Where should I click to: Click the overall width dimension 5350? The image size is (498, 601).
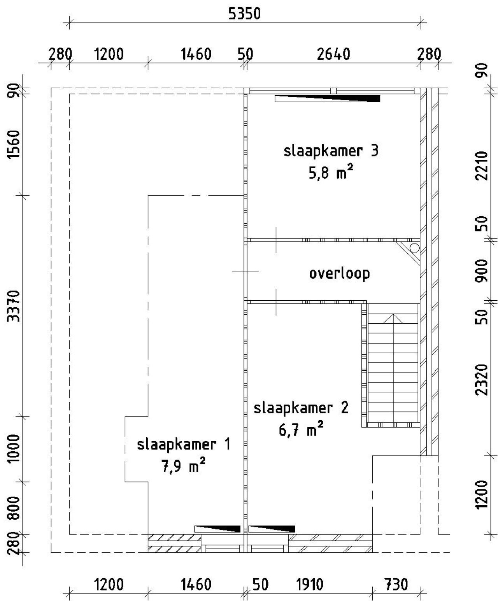tap(244, 14)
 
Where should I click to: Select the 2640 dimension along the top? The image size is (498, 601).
tap(333, 54)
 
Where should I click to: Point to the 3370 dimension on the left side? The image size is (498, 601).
tap(14, 305)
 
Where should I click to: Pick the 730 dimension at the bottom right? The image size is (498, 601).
tap(396, 584)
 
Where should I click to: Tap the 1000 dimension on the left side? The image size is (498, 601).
tap(14, 449)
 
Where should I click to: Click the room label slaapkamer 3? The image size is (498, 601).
tap(331, 151)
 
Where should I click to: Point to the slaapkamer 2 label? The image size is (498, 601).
tap(301, 408)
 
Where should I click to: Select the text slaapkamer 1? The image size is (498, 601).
tap(183, 444)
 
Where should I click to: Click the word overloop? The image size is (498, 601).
tap(339, 273)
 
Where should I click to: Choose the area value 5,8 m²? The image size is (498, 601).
tap(331, 173)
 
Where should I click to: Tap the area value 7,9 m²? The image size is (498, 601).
tap(183, 466)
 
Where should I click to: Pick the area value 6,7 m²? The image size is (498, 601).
tap(301, 431)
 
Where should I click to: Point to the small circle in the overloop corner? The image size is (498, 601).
tap(414, 247)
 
